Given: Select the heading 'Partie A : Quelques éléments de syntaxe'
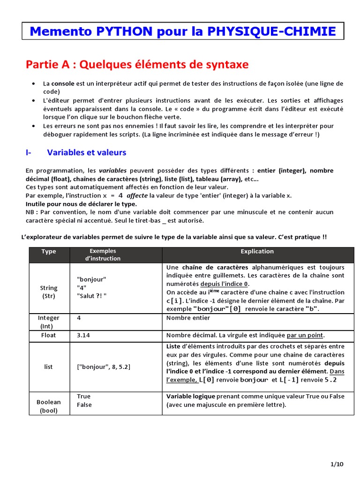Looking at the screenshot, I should (137, 64).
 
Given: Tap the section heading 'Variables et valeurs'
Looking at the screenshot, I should (87, 152).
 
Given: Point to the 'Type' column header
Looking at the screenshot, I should (49, 251).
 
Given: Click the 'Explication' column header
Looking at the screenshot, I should (257, 251).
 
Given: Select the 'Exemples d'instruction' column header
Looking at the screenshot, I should (103, 255).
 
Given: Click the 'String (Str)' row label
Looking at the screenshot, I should (49, 292).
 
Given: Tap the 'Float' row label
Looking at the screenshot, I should (49, 335).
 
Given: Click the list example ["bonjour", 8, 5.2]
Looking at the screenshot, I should (104, 367).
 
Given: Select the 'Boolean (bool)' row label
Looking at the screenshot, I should (49, 406).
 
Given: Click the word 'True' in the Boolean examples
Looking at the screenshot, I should (83, 397).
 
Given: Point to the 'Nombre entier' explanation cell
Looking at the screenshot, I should (188, 318).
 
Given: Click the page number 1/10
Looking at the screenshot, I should (337, 464).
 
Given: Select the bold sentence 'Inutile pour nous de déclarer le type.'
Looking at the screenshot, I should (81, 204).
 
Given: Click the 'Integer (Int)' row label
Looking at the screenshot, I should (49, 322).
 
